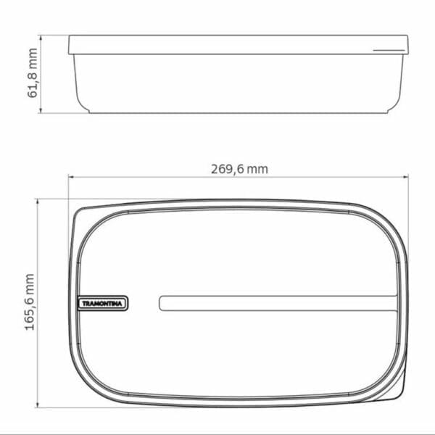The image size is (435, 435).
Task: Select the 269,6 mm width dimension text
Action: pos(239,169)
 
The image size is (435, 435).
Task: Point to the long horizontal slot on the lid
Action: pos(278,303)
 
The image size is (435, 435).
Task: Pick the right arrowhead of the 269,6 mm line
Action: pos(406,176)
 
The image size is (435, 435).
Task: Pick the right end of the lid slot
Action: pos(395,303)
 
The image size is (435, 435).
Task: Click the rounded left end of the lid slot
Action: pos(162,303)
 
